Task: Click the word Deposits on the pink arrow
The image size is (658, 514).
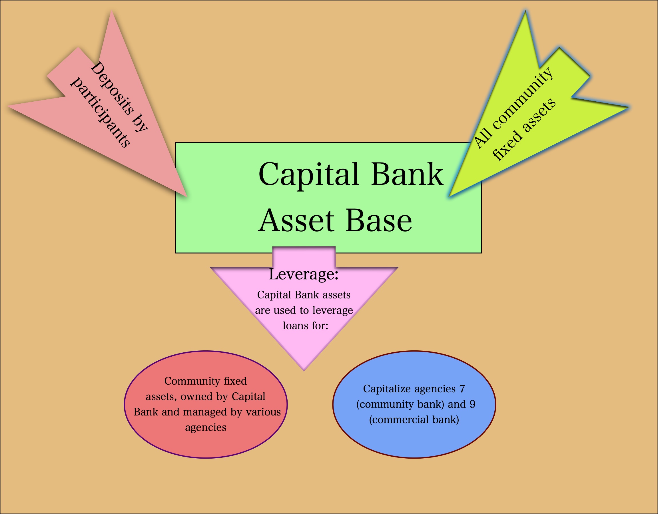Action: tap(112, 88)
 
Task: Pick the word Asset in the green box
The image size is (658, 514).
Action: tap(296, 221)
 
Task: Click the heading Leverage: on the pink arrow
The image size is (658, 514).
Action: tap(303, 274)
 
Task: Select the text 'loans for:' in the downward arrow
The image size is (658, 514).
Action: tap(305, 326)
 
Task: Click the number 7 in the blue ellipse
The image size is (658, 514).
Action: tap(462, 389)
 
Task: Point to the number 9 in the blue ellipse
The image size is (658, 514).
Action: tap(472, 404)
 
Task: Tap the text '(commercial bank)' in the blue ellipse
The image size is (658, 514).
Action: tap(414, 420)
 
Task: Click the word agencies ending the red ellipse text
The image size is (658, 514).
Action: tap(205, 427)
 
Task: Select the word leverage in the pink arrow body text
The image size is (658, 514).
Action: tap(332, 310)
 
